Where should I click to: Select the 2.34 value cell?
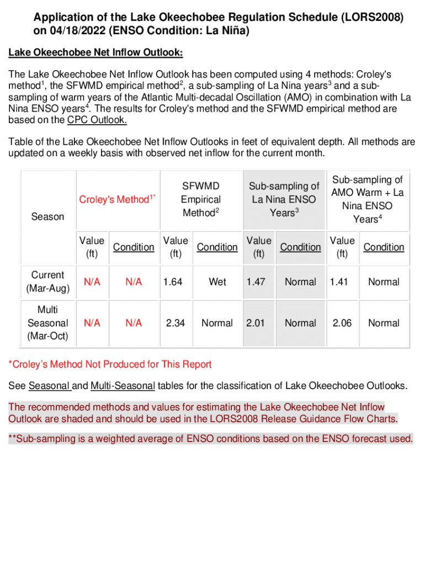click(176, 323)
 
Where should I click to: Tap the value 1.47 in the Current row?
click(256, 282)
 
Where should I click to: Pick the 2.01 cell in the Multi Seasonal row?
click(256, 323)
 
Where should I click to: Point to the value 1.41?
click(339, 282)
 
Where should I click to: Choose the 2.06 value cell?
click(342, 323)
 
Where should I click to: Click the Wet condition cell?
click(217, 282)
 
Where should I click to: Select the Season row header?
click(47, 217)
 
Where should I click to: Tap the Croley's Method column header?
click(115, 199)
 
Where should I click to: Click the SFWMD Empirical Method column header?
click(201, 199)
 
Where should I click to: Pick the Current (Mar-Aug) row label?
click(47, 281)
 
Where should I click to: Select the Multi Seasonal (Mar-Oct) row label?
click(47, 323)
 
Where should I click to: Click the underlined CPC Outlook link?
click(97, 120)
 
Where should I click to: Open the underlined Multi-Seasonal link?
click(123, 385)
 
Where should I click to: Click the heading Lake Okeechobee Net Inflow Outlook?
click(95, 52)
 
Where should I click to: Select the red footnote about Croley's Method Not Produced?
click(110, 364)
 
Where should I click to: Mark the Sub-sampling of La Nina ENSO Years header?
click(284, 199)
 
